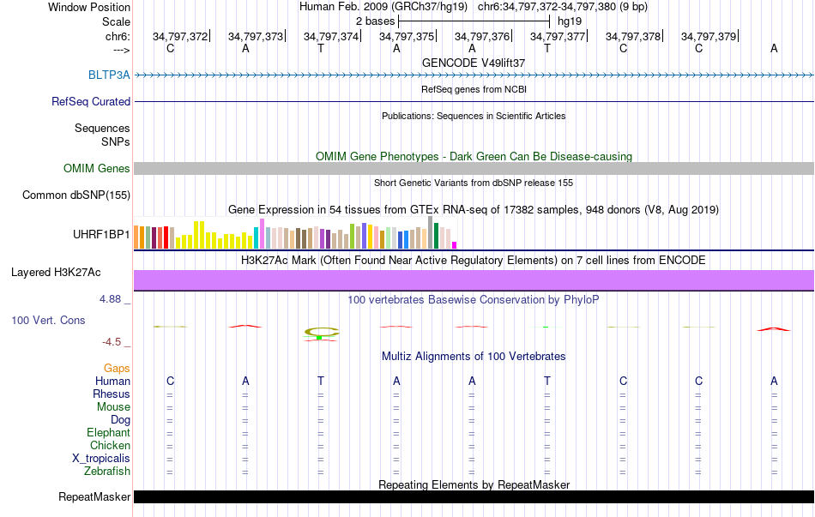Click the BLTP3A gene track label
coord(109,75)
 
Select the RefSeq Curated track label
coord(91,101)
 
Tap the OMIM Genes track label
coord(97,169)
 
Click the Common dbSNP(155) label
coord(76,195)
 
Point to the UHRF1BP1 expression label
coord(101,233)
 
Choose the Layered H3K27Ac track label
coord(56,273)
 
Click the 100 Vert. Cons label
coord(49,320)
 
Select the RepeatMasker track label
coord(94,496)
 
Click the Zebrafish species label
coord(107,471)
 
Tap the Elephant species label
coord(108,432)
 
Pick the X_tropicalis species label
coord(101,458)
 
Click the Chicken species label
coord(111,445)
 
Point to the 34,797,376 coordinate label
coord(482,36)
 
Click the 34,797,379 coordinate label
coord(709,36)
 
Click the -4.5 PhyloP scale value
coord(113,341)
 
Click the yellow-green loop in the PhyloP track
coord(322,332)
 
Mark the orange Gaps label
coord(117,368)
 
